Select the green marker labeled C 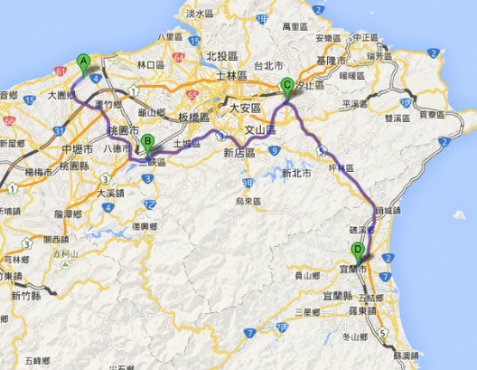[287, 87]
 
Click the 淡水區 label [197, 14]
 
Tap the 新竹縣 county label [27, 295]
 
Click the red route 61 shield [57, 70]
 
